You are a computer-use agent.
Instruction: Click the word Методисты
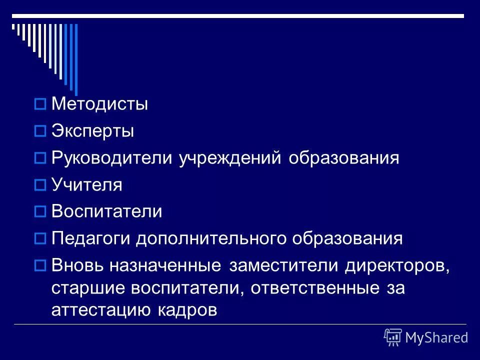click(x=99, y=105)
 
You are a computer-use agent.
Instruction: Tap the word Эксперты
click(x=92, y=131)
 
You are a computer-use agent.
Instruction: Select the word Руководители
click(x=113, y=158)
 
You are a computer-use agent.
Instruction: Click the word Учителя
click(x=86, y=185)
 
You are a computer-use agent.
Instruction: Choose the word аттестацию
click(x=99, y=311)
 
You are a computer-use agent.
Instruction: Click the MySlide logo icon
click(x=393, y=337)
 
